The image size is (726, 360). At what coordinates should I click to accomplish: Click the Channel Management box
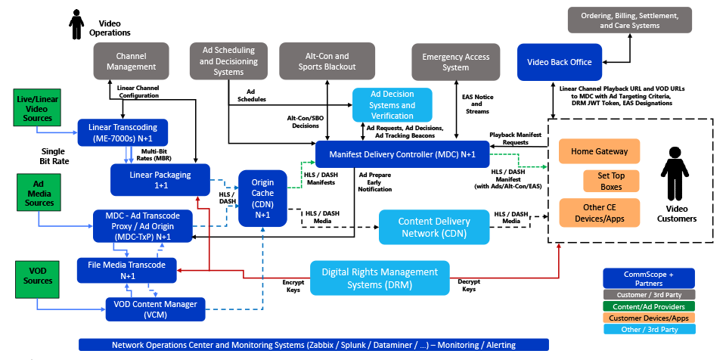[136, 61]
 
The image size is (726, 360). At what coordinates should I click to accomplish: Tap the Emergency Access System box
[455, 61]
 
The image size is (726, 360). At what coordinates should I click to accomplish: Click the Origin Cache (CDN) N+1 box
[263, 197]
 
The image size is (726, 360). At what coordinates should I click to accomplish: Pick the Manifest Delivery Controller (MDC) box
[402, 154]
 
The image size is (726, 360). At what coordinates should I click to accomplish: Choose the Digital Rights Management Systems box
[380, 278]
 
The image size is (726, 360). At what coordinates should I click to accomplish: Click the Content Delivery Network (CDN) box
[433, 227]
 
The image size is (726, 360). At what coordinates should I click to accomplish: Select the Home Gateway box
[600, 151]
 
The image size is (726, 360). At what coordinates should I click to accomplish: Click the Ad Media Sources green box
[36, 192]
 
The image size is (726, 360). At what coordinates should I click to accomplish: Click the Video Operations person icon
[75, 20]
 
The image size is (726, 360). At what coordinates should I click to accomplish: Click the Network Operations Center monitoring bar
[313, 345]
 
